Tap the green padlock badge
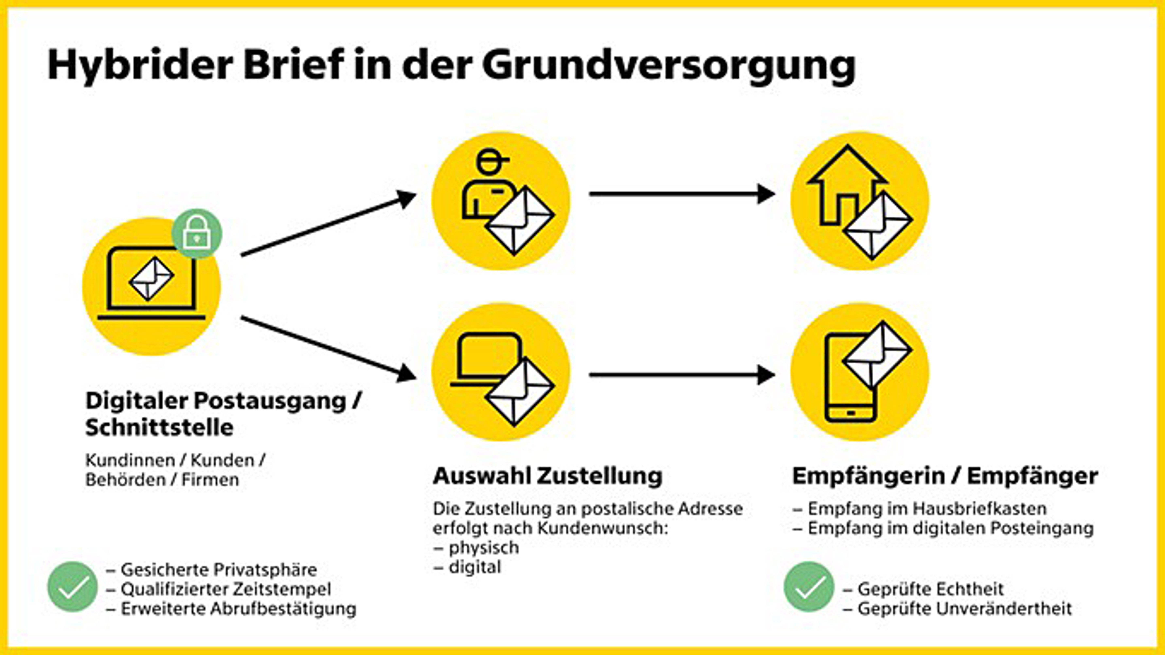point(197,233)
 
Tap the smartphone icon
point(850,378)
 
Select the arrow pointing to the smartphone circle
point(682,375)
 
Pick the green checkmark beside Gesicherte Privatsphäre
point(72,587)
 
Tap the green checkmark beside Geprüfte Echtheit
point(809,587)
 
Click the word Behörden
point(126,480)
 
